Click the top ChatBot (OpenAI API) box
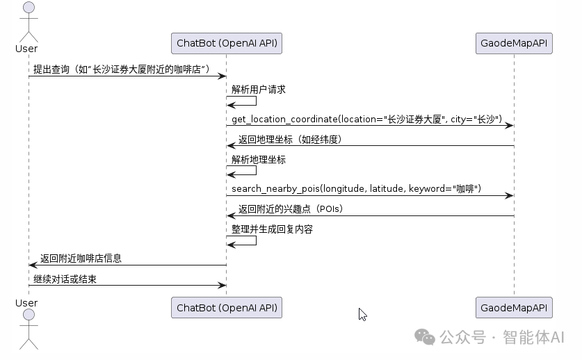pyautogui.click(x=227, y=43)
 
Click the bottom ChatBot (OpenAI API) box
pyautogui.click(x=227, y=307)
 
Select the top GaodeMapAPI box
pyautogui.click(x=514, y=43)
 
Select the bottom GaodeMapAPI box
pyautogui.click(x=514, y=307)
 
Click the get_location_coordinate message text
pyautogui.click(x=366, y=120)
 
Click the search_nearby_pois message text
pyautogui.click(x=356, y=189)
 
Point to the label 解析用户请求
pyautogui.click(x=259, y=90)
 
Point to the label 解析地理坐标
pyautogui.click(x=259, y=159)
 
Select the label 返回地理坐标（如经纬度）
pyautogui.click(x=290, y=140)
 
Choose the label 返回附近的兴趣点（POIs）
pyautogui.click(x=291, y=208)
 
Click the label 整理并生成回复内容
pyautogui.click(x=272, y=229)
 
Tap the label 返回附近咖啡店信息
pyautogui.click(x=81, y=259)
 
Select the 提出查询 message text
pyautogui.click(x=121, y=69)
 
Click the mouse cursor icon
pyautogui.click(x=362, y=314)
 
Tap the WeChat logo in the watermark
pyautogui.click(x=425, y=336)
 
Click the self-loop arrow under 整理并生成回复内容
pyautogui.click(x=243, y=240)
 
